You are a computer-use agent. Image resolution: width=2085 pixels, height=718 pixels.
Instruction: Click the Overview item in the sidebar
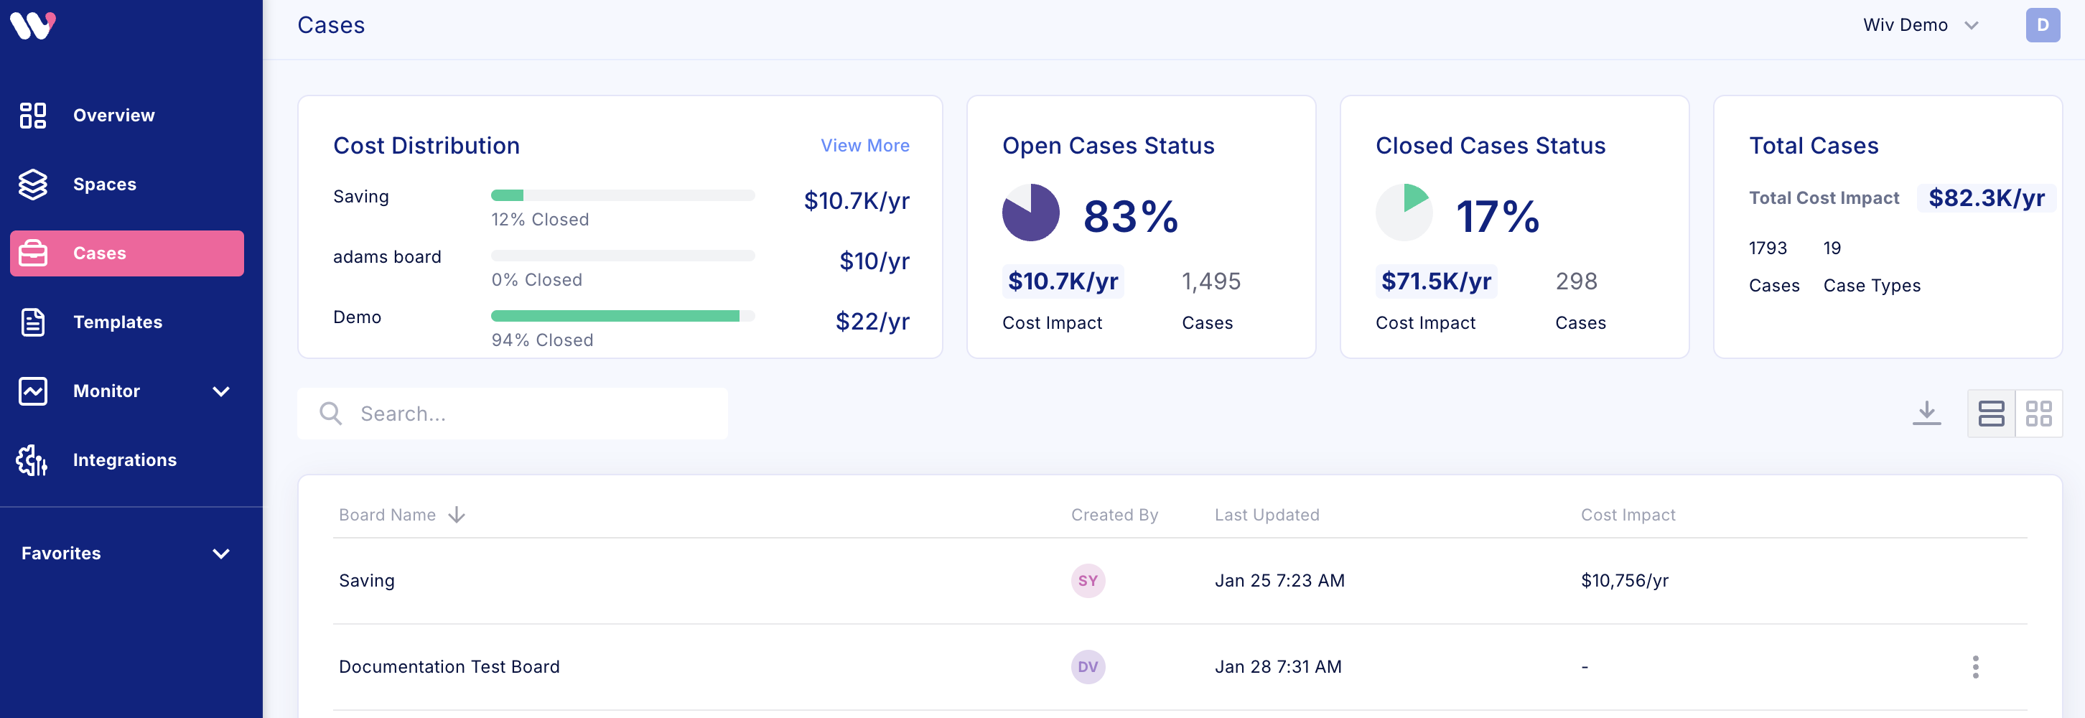(113, 116)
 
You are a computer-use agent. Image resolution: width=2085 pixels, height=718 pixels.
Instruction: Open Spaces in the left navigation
(104, 185)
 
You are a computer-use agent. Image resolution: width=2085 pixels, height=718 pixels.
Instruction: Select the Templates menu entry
(117, 322)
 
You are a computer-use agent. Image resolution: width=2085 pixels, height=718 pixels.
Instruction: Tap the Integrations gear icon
(32, 460)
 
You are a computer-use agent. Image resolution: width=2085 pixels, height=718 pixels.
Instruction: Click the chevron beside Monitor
(221, 392)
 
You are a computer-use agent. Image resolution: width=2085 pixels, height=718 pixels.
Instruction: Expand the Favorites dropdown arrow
(221, 554)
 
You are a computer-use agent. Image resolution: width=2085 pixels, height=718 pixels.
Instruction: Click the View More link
(864, 146)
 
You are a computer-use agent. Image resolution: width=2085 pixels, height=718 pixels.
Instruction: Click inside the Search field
(534, 414)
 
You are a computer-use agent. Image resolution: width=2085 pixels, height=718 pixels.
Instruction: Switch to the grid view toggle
(2038, 414)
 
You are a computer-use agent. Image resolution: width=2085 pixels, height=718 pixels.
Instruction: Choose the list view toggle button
(1991, 414)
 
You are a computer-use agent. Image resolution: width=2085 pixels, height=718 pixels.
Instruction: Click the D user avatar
(2042, 25)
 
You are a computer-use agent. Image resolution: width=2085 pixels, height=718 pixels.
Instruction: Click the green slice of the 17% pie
(1413, 197)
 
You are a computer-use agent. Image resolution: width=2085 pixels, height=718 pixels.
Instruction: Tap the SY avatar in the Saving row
(1088, 580)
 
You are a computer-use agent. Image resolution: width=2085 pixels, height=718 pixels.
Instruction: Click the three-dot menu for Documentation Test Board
(1975, 667)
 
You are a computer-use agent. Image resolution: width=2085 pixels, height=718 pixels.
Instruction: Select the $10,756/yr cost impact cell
(1625, 580)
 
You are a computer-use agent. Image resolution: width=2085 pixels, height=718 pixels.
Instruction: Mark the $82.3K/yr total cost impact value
(1985, 198)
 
